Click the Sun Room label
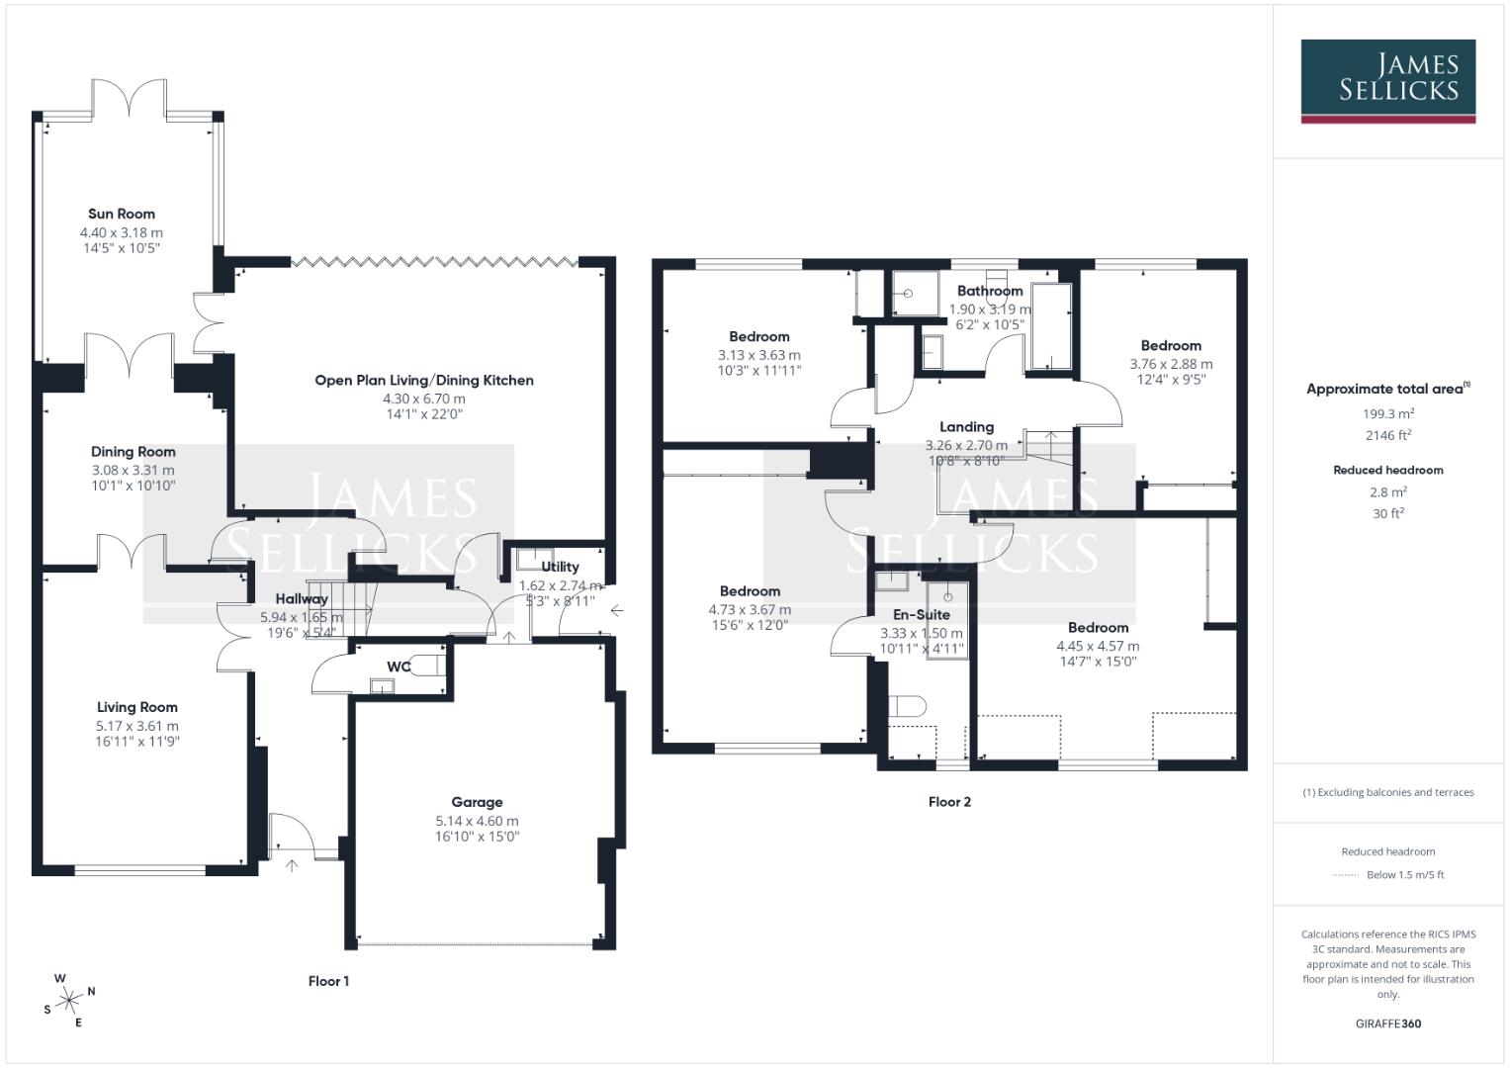tap(121, 214)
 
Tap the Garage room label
tap(477, 802)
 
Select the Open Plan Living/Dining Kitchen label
tap(423, 380)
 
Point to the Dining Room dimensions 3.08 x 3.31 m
tap(133, 470)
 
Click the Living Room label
tap(136, 707)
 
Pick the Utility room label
tap(560, 567)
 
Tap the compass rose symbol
tap(69, 1001)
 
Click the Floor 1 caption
tap(328, 981)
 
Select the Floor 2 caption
tap(949, 802)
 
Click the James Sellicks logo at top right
tap(1387, 80)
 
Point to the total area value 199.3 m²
tap(1387, 414)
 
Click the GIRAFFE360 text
tap(1387, 1023)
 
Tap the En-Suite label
tap(921, 614)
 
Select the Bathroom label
tap(989, 291)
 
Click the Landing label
tap(966, 427)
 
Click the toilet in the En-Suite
tap(906, 705)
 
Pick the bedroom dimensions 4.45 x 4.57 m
tap(1098, 646)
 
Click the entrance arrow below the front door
tap(292, 866)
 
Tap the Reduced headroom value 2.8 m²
tap(1387, 492)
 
